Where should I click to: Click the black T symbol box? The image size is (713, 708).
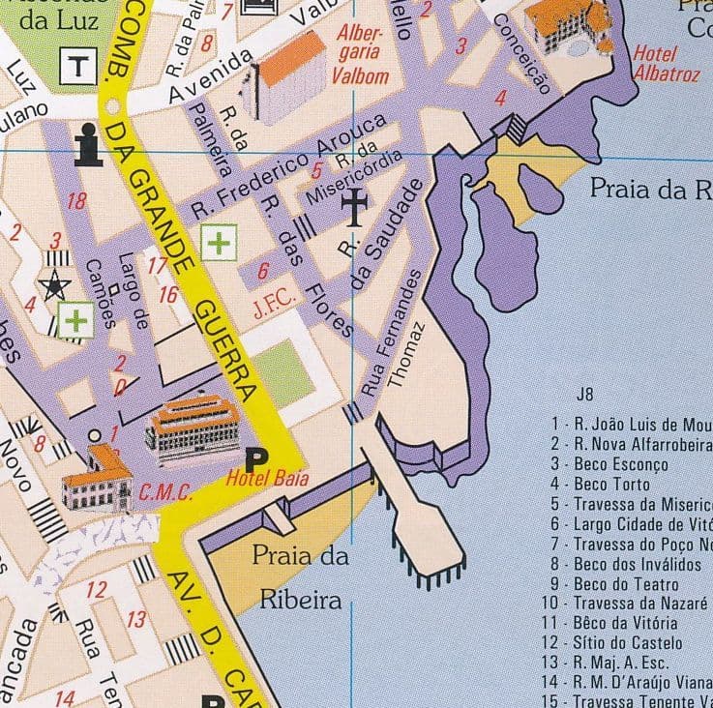76,66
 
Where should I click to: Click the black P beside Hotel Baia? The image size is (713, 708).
256,457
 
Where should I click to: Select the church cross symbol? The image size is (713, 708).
355,204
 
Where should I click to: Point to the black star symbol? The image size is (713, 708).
55,284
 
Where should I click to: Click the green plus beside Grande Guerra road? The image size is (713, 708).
219,242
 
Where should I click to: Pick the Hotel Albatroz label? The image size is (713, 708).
668,62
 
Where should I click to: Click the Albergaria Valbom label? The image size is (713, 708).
362,54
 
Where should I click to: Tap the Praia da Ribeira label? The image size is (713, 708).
300,578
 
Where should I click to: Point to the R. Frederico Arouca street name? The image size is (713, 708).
289,164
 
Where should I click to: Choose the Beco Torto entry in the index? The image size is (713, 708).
610,484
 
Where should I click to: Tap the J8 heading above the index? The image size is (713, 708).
583,395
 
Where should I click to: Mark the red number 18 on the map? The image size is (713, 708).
76,201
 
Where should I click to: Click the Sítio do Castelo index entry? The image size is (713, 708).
627,643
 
